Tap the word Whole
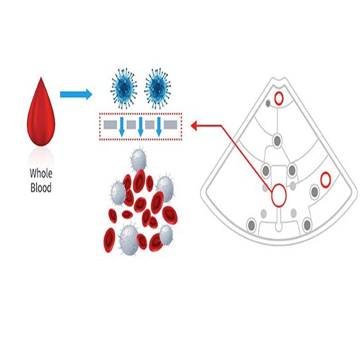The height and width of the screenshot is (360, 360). [41, 174]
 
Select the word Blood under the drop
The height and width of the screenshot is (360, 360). [41, 187]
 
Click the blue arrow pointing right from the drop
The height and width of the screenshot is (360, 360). [76, 94]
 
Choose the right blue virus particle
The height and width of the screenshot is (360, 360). [157, 89]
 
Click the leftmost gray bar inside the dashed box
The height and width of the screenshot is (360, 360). [112, 125]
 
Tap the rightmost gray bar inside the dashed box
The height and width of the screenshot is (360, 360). [170, 125]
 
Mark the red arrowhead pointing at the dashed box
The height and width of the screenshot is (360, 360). [194, 126]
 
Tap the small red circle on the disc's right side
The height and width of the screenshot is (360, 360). [325, 180]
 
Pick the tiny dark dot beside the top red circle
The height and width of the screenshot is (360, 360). [268, 103]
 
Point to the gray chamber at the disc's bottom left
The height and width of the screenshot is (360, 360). [251, 225]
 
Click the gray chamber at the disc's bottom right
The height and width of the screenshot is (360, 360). [307, 225]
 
